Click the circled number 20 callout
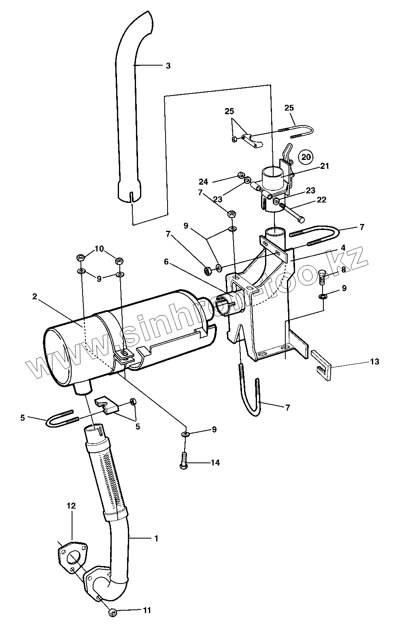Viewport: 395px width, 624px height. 306,156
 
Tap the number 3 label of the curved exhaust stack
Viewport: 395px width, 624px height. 168,66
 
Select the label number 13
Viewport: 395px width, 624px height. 374,362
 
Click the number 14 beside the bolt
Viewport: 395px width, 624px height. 215,462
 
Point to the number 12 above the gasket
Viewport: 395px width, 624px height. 71,506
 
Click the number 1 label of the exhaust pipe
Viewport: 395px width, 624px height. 156,538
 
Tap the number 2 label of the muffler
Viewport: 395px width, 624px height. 35,296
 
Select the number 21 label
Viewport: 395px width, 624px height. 325,166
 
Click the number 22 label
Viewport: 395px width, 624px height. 321,200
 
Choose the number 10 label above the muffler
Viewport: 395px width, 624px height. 100,248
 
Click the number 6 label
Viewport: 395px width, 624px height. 166,262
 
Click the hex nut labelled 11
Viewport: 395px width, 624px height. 113,612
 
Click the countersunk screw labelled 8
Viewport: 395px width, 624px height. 323,277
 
